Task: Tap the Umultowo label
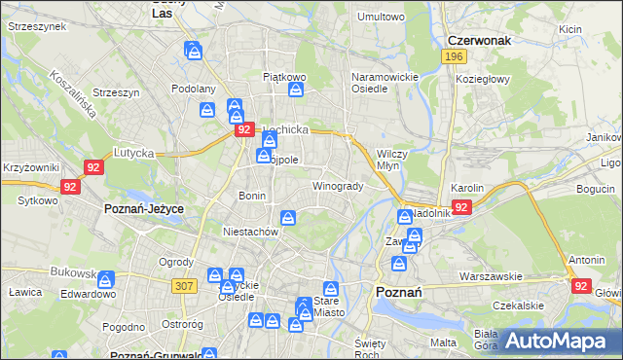click(x=381, y=17)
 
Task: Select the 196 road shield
click(x=452, y=57)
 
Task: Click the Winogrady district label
click(x=338, y=186)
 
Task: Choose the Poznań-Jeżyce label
click(x=144, y=208)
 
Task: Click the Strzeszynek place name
click(x=34, y=27)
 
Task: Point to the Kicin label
click(x=569, y=29)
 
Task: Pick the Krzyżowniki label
click(x=31, y=168)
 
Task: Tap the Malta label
click(x=443, y=342)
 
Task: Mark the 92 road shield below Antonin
click(x=581, y=286)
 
